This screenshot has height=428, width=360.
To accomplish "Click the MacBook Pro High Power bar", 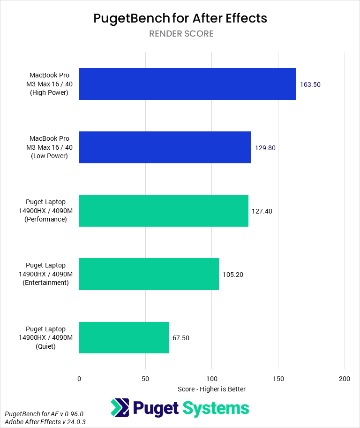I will [x=187, y=84].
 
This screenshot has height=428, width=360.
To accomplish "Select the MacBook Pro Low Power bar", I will [x=165, y=147].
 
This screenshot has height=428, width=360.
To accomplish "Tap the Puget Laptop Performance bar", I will [x=164, y=211].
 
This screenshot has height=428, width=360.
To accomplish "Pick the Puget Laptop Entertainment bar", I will [x=149, y=274].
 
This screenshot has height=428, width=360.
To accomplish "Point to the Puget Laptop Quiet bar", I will [x=124, y=337].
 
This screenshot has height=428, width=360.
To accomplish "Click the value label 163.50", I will [x=310, y=84].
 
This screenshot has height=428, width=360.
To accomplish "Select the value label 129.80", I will [x=265, y=148].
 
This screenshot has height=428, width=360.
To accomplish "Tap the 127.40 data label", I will [x=262, y=211].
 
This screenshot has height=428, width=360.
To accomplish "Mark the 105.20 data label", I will [x=233, y=275].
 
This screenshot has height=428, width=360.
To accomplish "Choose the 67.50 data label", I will [x=181, y=338].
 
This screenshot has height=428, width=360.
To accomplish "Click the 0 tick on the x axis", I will [x=79, y=379].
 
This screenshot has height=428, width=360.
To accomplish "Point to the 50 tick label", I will [x=145, y=379].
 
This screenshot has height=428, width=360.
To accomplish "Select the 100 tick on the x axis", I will [x=212, y=379].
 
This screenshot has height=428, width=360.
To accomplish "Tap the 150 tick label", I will [x=278, y=379].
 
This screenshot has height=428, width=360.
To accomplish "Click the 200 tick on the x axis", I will [x=345, y=379].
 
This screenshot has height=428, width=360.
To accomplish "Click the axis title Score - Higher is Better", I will [x=212, y=389].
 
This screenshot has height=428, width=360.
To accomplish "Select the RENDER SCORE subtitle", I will [x=181, y=34].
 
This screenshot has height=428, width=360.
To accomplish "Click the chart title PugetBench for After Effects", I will [x=180, y=18].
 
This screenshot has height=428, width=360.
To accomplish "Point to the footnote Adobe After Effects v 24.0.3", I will [x=45, y=422].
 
